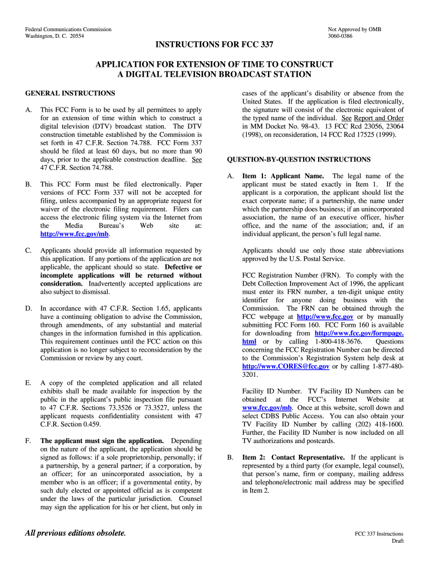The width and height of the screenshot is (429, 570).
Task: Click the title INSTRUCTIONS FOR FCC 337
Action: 214,45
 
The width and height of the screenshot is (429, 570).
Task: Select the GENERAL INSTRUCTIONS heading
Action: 70,93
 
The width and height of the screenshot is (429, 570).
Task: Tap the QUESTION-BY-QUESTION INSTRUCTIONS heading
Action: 299,159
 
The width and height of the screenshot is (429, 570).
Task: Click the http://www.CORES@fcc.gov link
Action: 286,366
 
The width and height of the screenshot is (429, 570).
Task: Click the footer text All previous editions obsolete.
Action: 76,533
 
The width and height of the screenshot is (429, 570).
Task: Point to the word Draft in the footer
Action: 397,540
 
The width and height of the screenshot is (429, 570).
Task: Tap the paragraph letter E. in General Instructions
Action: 28,383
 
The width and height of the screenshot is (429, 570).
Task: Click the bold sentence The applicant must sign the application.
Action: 102,440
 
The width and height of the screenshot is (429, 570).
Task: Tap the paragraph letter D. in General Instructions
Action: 28,308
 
